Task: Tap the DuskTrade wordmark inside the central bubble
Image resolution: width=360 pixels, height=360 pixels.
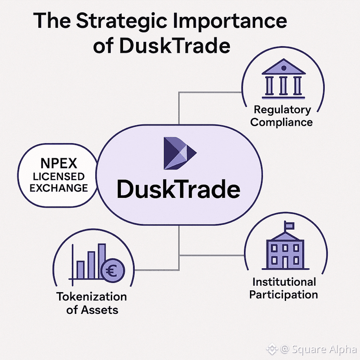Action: coord(178,190)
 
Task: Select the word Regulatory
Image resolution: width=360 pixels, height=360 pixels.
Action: coord(282,110)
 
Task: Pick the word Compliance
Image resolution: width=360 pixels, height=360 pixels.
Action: coord(282,122)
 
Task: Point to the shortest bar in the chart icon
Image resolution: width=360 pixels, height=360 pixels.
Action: coord(80,269)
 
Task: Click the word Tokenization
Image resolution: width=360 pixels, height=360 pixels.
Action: coord(91,297)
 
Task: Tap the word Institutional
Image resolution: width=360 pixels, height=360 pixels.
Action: coord(283,282)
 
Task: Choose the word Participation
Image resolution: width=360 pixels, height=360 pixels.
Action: coord(283,294)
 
